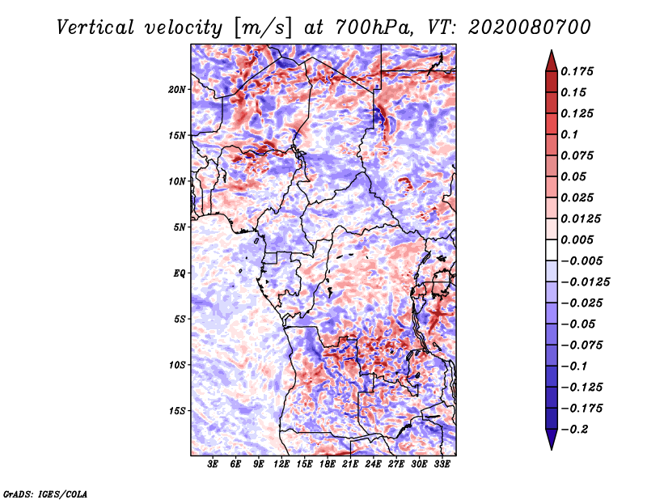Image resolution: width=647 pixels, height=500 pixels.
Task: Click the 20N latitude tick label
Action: (x=177, y=90)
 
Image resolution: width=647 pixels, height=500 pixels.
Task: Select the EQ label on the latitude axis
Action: (x=179, y=273)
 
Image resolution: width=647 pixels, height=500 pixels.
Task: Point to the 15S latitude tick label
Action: (x=177, y=411)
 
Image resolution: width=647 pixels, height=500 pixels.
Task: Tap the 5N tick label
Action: (x=180, y=227)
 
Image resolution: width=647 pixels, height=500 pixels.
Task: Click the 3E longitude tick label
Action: (x=213, y=464)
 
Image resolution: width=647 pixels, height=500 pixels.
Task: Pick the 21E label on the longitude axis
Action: (x=350, y=464)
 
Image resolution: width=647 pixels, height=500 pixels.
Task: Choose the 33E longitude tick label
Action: (x=442, y=464)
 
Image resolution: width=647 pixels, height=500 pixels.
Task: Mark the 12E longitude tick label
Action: (x=281, y=464)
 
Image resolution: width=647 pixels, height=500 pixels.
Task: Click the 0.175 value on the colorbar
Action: (x=577, y=71)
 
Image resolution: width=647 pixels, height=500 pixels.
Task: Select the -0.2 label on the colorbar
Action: (x=574, y=430)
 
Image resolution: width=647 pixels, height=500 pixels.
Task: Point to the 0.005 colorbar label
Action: (x=577, y=239)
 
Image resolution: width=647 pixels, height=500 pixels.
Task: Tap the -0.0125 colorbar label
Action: (x=585, y=282)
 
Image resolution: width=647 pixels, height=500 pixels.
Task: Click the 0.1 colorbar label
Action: (x=569, y=134)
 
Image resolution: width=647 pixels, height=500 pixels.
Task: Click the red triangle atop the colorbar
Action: (x=552, y=61)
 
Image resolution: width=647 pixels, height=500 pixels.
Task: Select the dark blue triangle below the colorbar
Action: (x=552, y=439)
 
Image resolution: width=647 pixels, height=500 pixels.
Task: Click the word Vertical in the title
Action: (x=95, y=28)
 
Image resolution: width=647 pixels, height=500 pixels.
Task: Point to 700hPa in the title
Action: (x=374, y=28)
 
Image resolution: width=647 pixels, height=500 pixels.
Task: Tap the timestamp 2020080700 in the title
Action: (x=530, y=28)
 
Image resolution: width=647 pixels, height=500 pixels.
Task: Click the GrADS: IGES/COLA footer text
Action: (x=45, y=494)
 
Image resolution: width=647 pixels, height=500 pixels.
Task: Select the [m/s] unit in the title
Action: (x=264, y=28)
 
